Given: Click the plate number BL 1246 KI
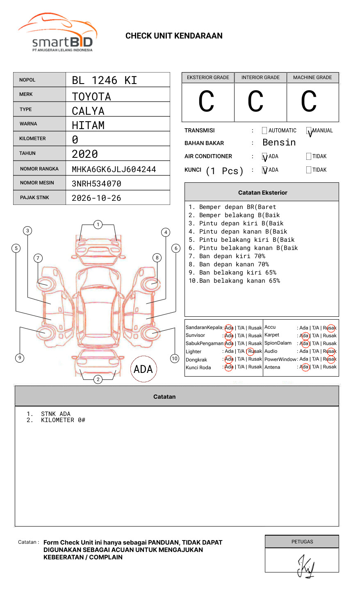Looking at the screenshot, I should point(104,80).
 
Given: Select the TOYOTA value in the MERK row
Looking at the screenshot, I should point(91,97).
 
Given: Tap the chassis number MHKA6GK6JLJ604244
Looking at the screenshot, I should point(114,169).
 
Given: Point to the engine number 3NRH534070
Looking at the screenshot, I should point(96,184).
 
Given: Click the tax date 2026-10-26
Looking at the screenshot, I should point(96,198).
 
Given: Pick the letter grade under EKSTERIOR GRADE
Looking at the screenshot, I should point(206,102).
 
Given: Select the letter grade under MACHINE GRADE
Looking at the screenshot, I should point(308,102).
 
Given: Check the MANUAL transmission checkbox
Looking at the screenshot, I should point(309,131).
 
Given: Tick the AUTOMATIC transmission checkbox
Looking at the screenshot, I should point(264,131).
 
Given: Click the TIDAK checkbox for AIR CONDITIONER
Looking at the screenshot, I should point(309,157).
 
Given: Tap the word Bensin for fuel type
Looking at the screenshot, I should point(279,143).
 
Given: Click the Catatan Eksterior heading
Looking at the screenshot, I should point(262,193).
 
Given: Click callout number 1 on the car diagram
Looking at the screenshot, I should point(98,225).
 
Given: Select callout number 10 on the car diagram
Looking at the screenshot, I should point(175,359).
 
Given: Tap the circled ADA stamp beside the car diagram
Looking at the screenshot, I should point(143,369).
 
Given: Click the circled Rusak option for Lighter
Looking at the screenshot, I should point(255,351).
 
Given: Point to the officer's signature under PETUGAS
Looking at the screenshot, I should point(305,566).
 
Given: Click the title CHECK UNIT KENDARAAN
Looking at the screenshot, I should point(174,36).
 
